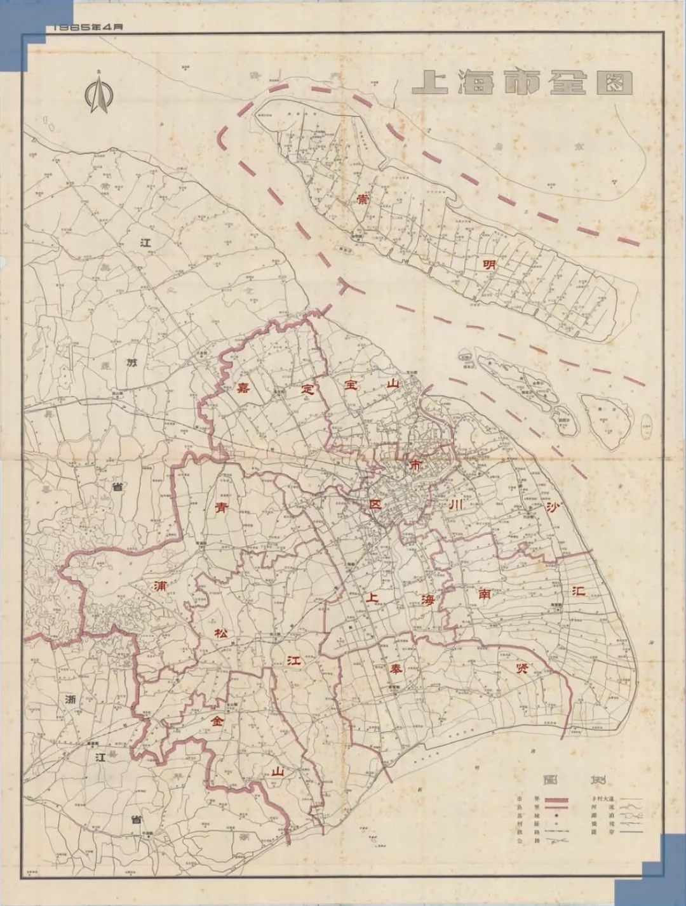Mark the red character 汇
tap(578, 590)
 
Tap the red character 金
tap(219, 721)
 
